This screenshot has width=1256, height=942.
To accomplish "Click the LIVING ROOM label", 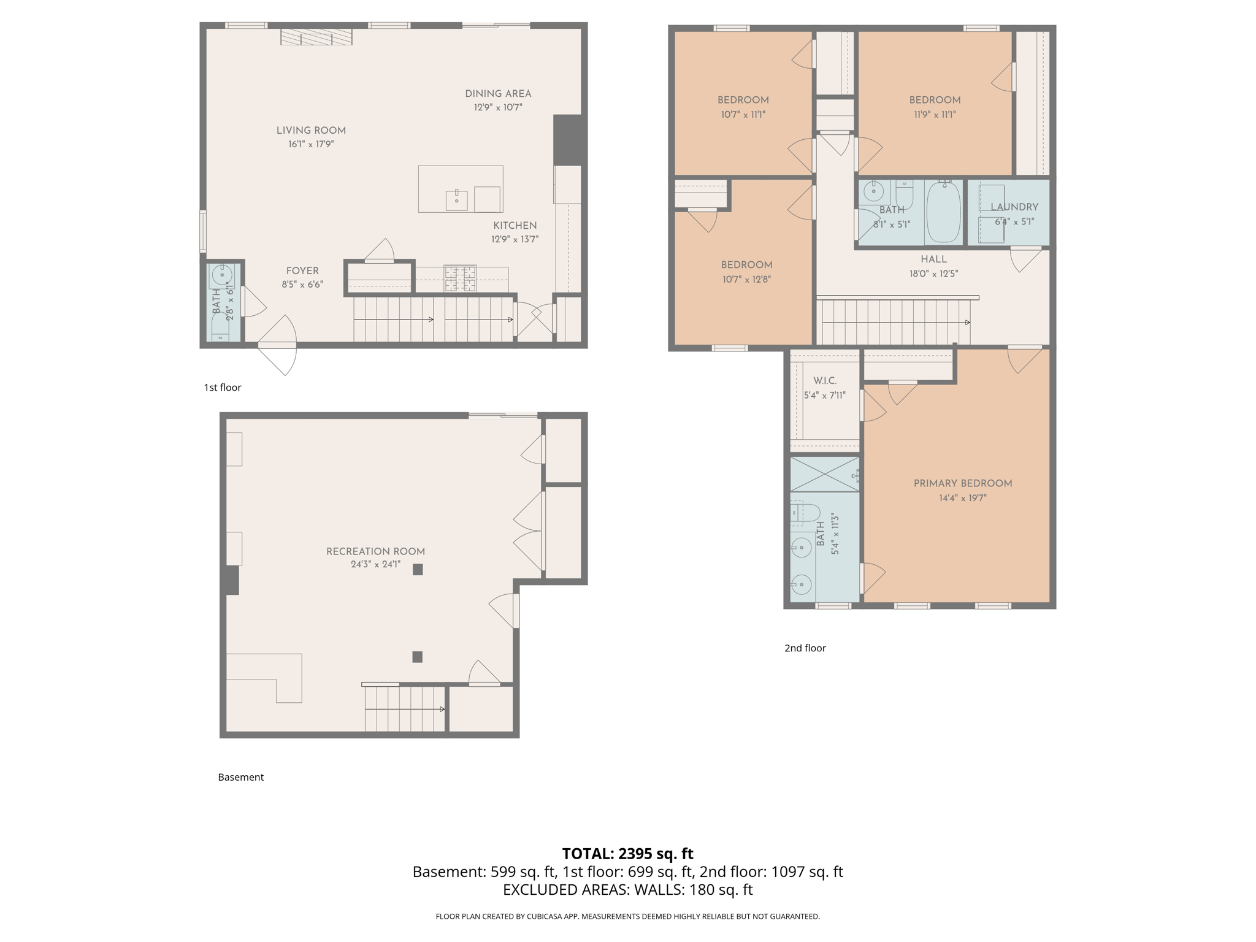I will [x=311, y=130].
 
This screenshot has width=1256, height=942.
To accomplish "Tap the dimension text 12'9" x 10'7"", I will [x=497, y=107].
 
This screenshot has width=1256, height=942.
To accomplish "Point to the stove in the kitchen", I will [x=460, y=278].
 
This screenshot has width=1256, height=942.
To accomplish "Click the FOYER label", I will [x=302, y=270].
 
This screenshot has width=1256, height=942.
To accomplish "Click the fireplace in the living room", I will [x=316, y=37].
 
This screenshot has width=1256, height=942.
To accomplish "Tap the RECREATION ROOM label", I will [x=375, y=551].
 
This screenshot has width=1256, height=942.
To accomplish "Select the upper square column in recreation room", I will [x=418, y=569].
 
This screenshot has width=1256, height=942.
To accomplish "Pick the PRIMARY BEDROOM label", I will [x=962, y=483].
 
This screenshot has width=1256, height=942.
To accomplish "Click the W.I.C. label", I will [x=824, y=381].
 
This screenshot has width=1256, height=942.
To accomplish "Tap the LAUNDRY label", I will [x=1014, y=207].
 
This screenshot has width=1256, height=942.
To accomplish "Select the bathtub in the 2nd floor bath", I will [x=943, y=212].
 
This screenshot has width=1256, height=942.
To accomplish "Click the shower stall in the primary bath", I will [x=824, y=474].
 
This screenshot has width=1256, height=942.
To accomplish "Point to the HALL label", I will [x=933, y=259].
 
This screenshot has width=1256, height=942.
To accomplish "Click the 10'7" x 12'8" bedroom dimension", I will [x=746, y=280].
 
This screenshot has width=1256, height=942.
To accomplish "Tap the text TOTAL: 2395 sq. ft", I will [x=627, y=854].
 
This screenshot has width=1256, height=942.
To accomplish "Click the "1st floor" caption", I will [x=223, y=388].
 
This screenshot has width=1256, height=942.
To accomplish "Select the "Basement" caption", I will [x=240, y=777].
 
